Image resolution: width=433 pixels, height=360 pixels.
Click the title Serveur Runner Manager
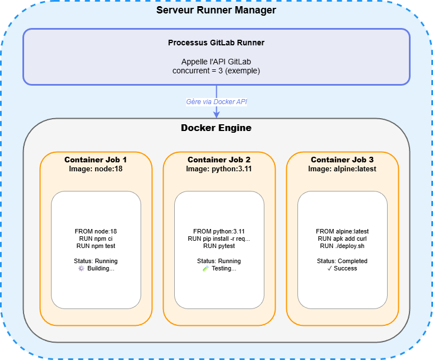[x=216, y=11]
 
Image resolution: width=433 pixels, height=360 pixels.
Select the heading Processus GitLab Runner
[x=216, y=43]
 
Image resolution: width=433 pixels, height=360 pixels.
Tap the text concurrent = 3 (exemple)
[x=216, y=71]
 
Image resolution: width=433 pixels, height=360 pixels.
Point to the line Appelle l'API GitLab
[x=216, y=62]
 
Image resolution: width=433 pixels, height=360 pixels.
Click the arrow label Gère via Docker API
[x=216, y=102]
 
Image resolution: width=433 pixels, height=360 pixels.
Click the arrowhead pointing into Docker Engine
[x=216, y=115]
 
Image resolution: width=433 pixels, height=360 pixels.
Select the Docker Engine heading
[x=216, y=128]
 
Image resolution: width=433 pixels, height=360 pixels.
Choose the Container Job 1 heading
[x=96, y=160]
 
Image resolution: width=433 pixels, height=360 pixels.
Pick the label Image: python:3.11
[x=219, y=169]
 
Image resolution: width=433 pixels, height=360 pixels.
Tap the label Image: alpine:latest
[x=342, y=169]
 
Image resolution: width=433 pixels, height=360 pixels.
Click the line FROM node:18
[x=96, y=231]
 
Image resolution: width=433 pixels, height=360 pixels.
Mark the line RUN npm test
[x=96, y=245]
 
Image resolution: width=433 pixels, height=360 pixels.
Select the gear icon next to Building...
[x=81, y=268]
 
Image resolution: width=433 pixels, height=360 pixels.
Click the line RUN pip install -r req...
[x=219, y=238]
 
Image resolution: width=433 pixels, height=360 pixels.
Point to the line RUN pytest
[x=219, y=245]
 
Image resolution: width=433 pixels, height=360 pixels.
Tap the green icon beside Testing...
[x=205, y=268]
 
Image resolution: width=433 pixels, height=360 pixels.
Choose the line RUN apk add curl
[x=342, y=238]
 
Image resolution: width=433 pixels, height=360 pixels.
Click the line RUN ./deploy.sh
[x=342, y=245]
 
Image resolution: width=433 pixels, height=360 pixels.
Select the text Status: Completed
[x=342, y=261]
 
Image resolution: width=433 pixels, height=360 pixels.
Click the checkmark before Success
[x=330, y=268]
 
